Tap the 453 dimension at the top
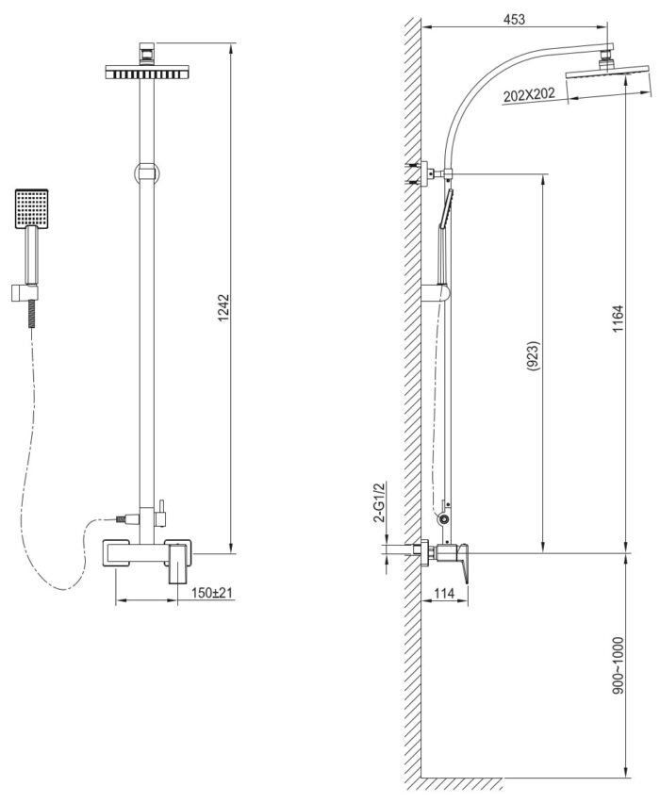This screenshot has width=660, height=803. click(x=514, y=20)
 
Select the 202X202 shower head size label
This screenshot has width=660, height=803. click(x=529, y=95)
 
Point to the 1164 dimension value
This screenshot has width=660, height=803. click(x=618, y=319)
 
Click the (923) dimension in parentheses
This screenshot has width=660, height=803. click(x=533, y=355)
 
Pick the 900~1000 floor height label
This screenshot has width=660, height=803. click(x=618, y=664)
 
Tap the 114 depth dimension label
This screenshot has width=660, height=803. click(x=444, y=593)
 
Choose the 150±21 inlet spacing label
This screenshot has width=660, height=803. click(x=211, y=593)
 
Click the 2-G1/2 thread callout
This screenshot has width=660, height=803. click(x=380, y=501)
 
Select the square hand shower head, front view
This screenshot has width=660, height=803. click(x=32, y=208)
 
